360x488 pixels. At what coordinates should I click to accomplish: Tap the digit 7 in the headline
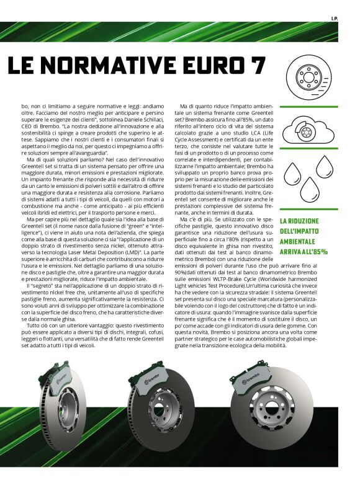point(257,65)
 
